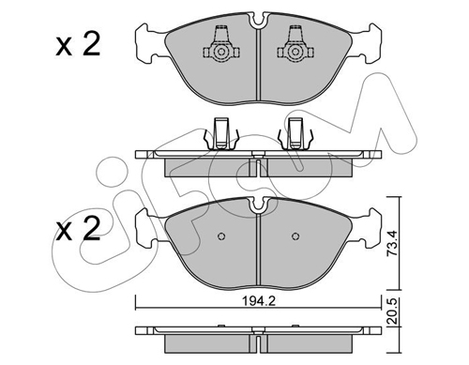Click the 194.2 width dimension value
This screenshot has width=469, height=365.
pyautogui.click(x=259, y=301)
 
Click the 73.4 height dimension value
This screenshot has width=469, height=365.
pyautogui.click(x=391, y=244)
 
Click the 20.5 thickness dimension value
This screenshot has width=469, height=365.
pyautogui.click(x=391, y=312)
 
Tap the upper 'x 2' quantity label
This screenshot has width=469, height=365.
pyautogui.click(x=78, y=45)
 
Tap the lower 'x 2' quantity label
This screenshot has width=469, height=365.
pyautogui.click(x=78, y=229)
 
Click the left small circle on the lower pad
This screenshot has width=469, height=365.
pyautogui.click(x=221, y=236)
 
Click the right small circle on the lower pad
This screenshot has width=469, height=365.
pyautogui.click(x=295, y=236)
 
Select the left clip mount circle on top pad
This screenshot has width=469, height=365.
pyautogui.click(x=221, y=52)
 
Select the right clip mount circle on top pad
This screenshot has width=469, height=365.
pyautogui.click(x=295, y=52)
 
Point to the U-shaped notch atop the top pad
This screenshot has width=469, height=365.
pyautogui.click(x=258, y=22)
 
